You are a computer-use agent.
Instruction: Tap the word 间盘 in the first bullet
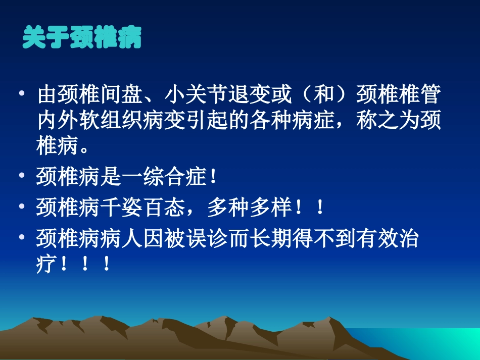[x=121, y=95]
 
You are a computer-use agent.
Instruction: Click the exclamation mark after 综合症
[x=212, y=177]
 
